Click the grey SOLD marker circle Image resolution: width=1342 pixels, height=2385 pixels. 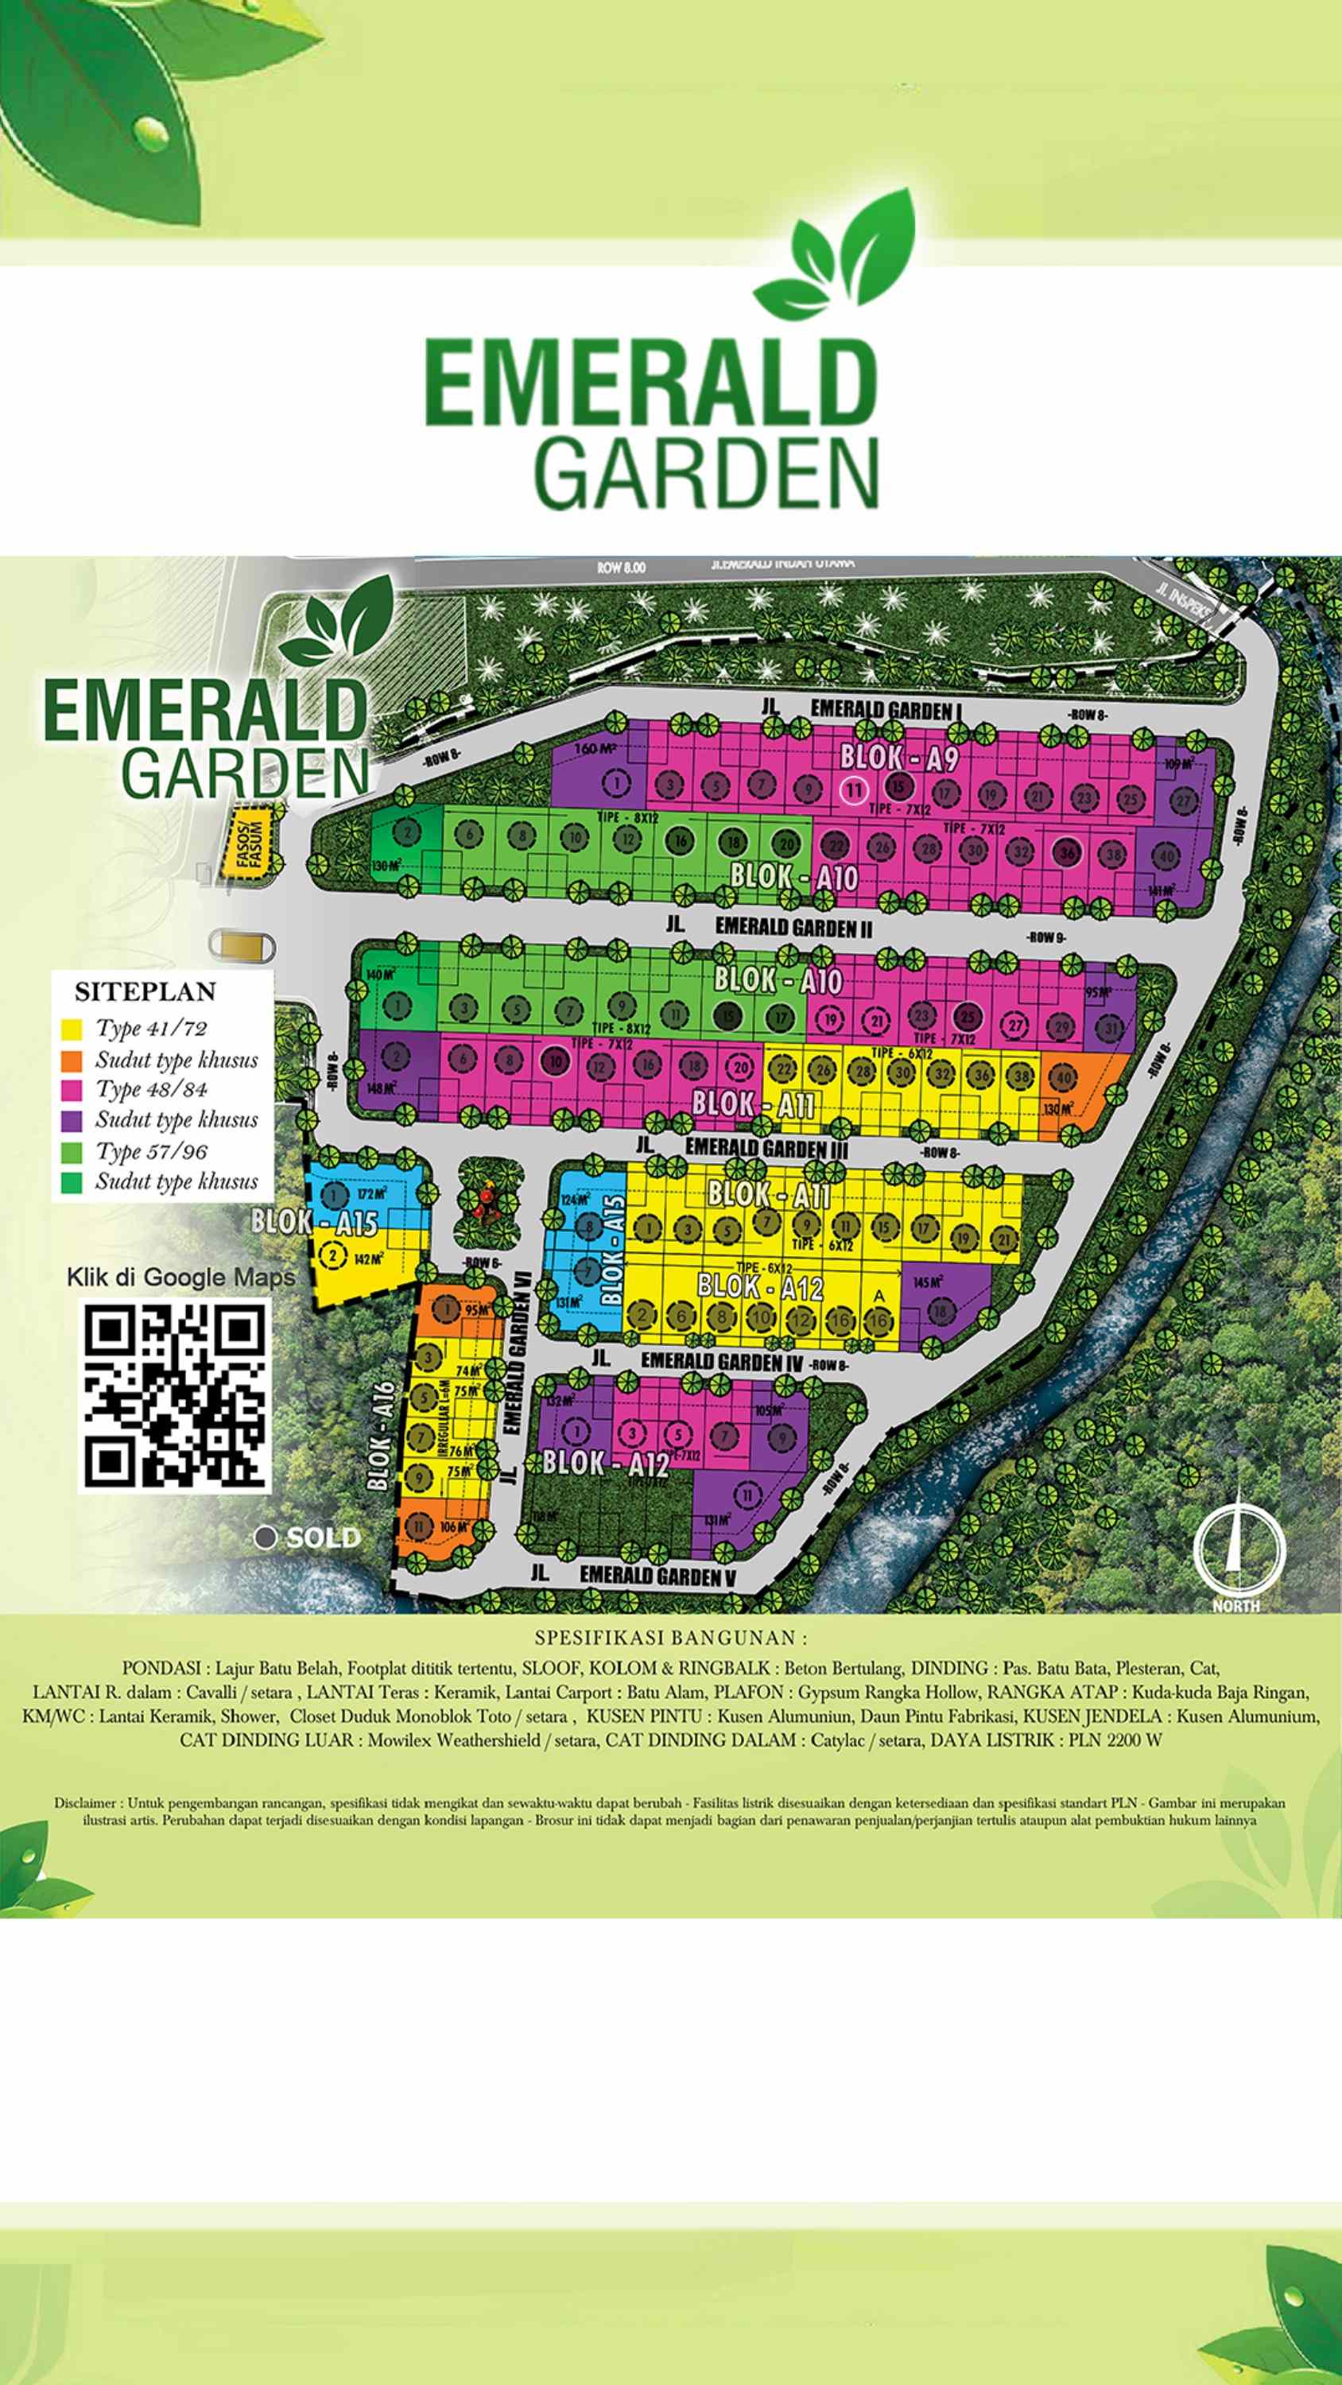pyautogui.click(x=266, y=1538)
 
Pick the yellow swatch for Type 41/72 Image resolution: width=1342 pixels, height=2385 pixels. pyautogui.click(x=72, y=1029)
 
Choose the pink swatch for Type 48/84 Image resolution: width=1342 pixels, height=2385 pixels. pyautogui.click(x=72, y=1090)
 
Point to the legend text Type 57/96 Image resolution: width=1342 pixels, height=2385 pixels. pyautogui.click(x=151, y=1151)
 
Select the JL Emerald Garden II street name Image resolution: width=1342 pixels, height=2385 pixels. pyautogui.click(x=793, y=926)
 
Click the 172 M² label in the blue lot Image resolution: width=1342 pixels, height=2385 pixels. pyautogui.click(x=371, y=1194)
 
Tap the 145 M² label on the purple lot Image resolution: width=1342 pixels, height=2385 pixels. pyautogui.click(x=927, y=1282)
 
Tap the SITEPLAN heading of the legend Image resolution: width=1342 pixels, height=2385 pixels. pyautogui.click(x=145, y=991)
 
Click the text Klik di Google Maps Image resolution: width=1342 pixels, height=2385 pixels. pyautogui.click(x=180, y=1278)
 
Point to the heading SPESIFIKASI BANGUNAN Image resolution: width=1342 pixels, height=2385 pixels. pyautogui.click(x=670, y=1638)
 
